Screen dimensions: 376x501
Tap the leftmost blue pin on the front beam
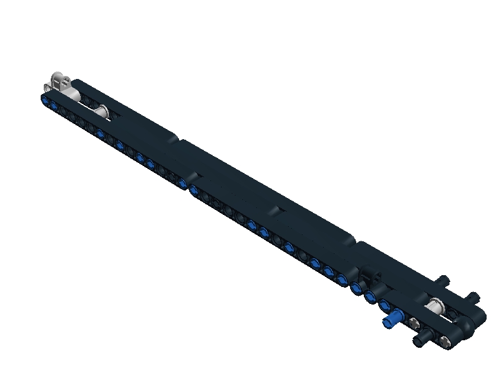46,99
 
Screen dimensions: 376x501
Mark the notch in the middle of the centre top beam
277,207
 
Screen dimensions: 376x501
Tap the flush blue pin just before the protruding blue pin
385,305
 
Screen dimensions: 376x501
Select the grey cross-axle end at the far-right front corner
445,342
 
